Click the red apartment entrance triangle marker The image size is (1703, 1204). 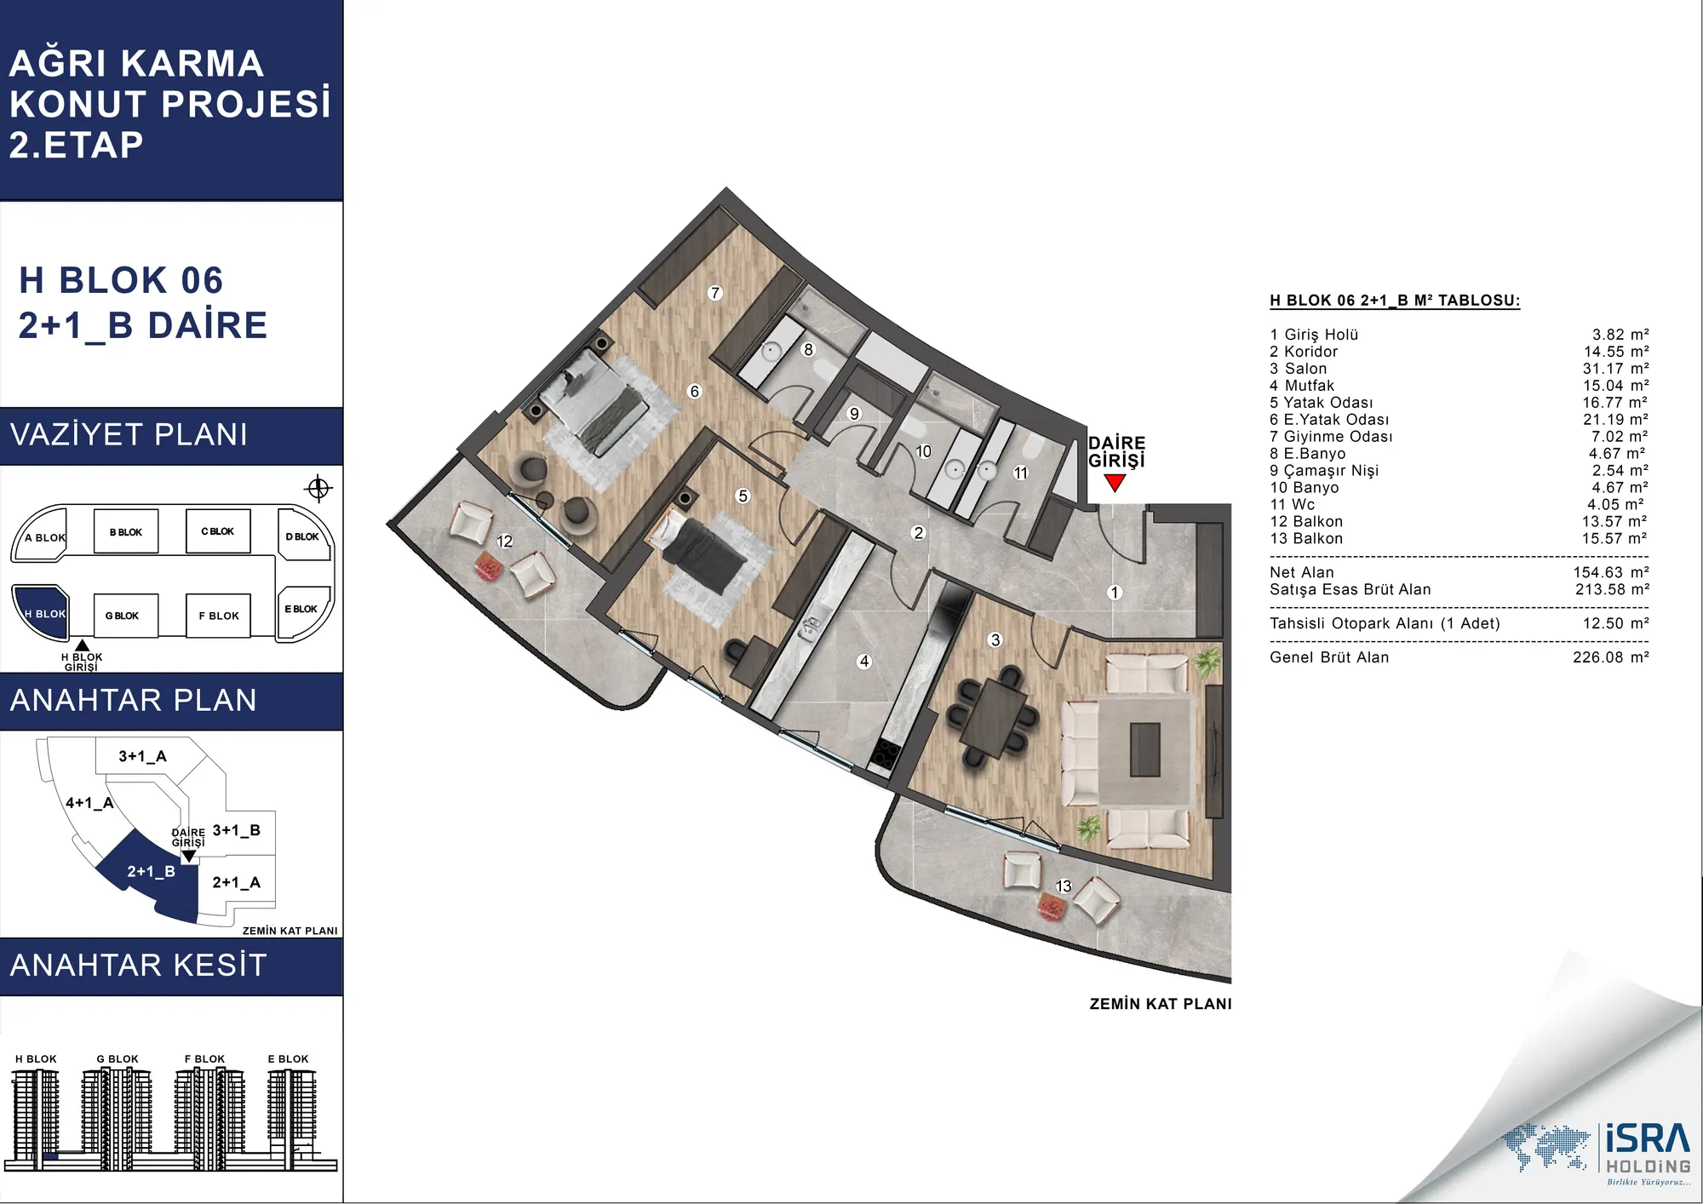click(1115, 483)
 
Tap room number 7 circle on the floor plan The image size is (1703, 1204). click(715, 293)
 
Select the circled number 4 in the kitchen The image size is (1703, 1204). click(864, 661)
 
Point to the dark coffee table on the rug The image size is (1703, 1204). click(1144, 749)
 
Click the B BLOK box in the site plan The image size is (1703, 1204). click(126, 532)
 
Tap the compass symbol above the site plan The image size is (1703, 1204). click(318, 488)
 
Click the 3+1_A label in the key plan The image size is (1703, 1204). click(142, 756)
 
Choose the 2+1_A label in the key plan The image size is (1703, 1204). click(236, 883)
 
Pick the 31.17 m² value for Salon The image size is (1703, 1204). click(1615, 369)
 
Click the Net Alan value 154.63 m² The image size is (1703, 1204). click(1611, 572)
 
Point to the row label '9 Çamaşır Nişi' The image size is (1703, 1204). click(1323, 471)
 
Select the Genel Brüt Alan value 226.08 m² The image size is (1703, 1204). click(1611, 657)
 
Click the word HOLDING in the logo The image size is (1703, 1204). click(1649, 1166)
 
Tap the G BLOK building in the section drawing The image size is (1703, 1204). click(117, 1112)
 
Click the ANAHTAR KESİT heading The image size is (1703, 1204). click(139, 965)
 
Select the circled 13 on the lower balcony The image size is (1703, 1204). click(1064, 886)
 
